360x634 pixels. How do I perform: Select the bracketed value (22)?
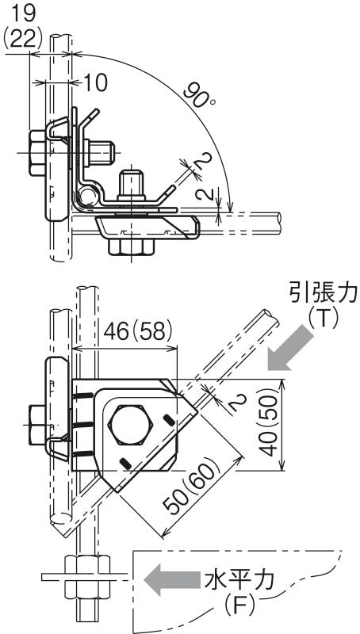pos(23,38)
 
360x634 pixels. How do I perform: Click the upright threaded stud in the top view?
pos(132,185)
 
